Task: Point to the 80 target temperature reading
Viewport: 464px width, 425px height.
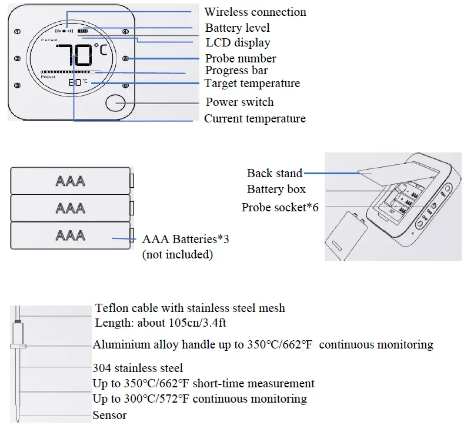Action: pos(75,83)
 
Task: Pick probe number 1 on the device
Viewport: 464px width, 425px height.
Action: pos(17,32)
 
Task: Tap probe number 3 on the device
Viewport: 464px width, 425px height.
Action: pos(17,85)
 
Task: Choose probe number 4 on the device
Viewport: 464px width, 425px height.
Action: pos(125,32)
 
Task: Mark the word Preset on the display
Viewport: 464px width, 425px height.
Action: pos(48,77)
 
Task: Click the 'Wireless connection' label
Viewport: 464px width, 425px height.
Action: pos(255,12)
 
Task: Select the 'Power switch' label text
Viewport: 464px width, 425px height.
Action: pos(239,102)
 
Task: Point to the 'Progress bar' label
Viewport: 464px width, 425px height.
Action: pos(236,71)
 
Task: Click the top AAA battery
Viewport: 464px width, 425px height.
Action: pos(70,181)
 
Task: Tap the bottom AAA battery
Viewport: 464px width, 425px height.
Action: pos(70,235)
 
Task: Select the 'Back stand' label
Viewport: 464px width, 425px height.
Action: pos(274,173)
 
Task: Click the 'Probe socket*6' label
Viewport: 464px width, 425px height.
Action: pos(280,208)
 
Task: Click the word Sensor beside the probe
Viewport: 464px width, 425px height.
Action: pos(109,415)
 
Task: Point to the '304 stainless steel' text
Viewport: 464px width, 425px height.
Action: pos(138,368)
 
